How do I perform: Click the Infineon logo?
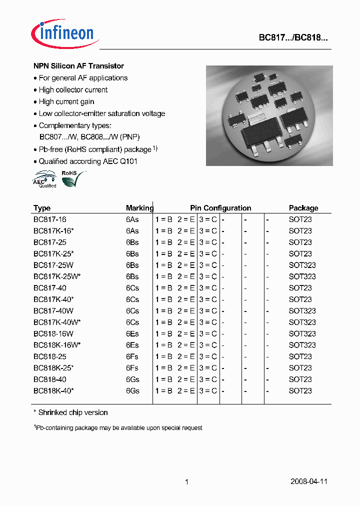64,34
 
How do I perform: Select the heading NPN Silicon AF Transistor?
78,66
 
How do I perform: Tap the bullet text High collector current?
73,90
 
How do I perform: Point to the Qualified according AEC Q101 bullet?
87,161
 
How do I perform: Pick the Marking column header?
139,208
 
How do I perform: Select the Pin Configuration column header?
220,208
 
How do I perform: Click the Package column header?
303,208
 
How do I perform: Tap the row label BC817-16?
49,219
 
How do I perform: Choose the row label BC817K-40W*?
56,322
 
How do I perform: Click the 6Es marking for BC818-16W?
132,334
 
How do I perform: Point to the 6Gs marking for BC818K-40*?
132,391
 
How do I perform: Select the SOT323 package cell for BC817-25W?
302,265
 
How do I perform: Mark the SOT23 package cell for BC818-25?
300,357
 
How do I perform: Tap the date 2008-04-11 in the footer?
309,482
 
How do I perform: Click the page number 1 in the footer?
186,482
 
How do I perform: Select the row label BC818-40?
49,379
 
